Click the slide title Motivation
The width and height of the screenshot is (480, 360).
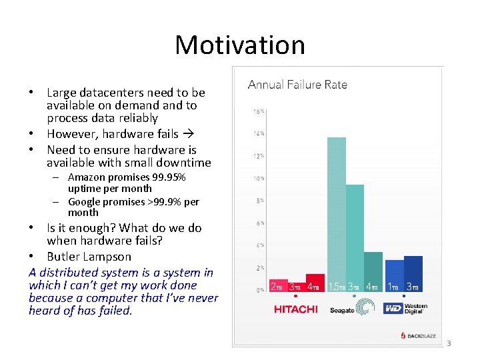click(x=240, y=45)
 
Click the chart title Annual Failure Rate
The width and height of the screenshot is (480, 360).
click(x=297, y=85)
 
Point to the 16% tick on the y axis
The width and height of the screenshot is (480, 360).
click(x=257, y=111)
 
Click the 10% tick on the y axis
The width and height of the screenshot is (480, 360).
click(x=257, y=179)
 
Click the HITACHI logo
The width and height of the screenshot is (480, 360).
click(x=296, y=309)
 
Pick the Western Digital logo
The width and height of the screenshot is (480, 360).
click(x=406, y=308)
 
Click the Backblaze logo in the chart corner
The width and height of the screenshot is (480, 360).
click(x=418, y=335)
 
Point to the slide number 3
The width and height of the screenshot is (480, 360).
click(x=449, y=344)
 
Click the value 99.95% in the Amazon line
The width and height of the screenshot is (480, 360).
click(x=167, y=177)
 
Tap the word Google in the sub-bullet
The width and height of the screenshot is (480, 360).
click(x=83, y=202)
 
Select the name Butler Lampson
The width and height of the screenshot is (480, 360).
click(x=89, y=257)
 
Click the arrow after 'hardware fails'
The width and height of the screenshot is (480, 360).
click(x=189, y=134)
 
